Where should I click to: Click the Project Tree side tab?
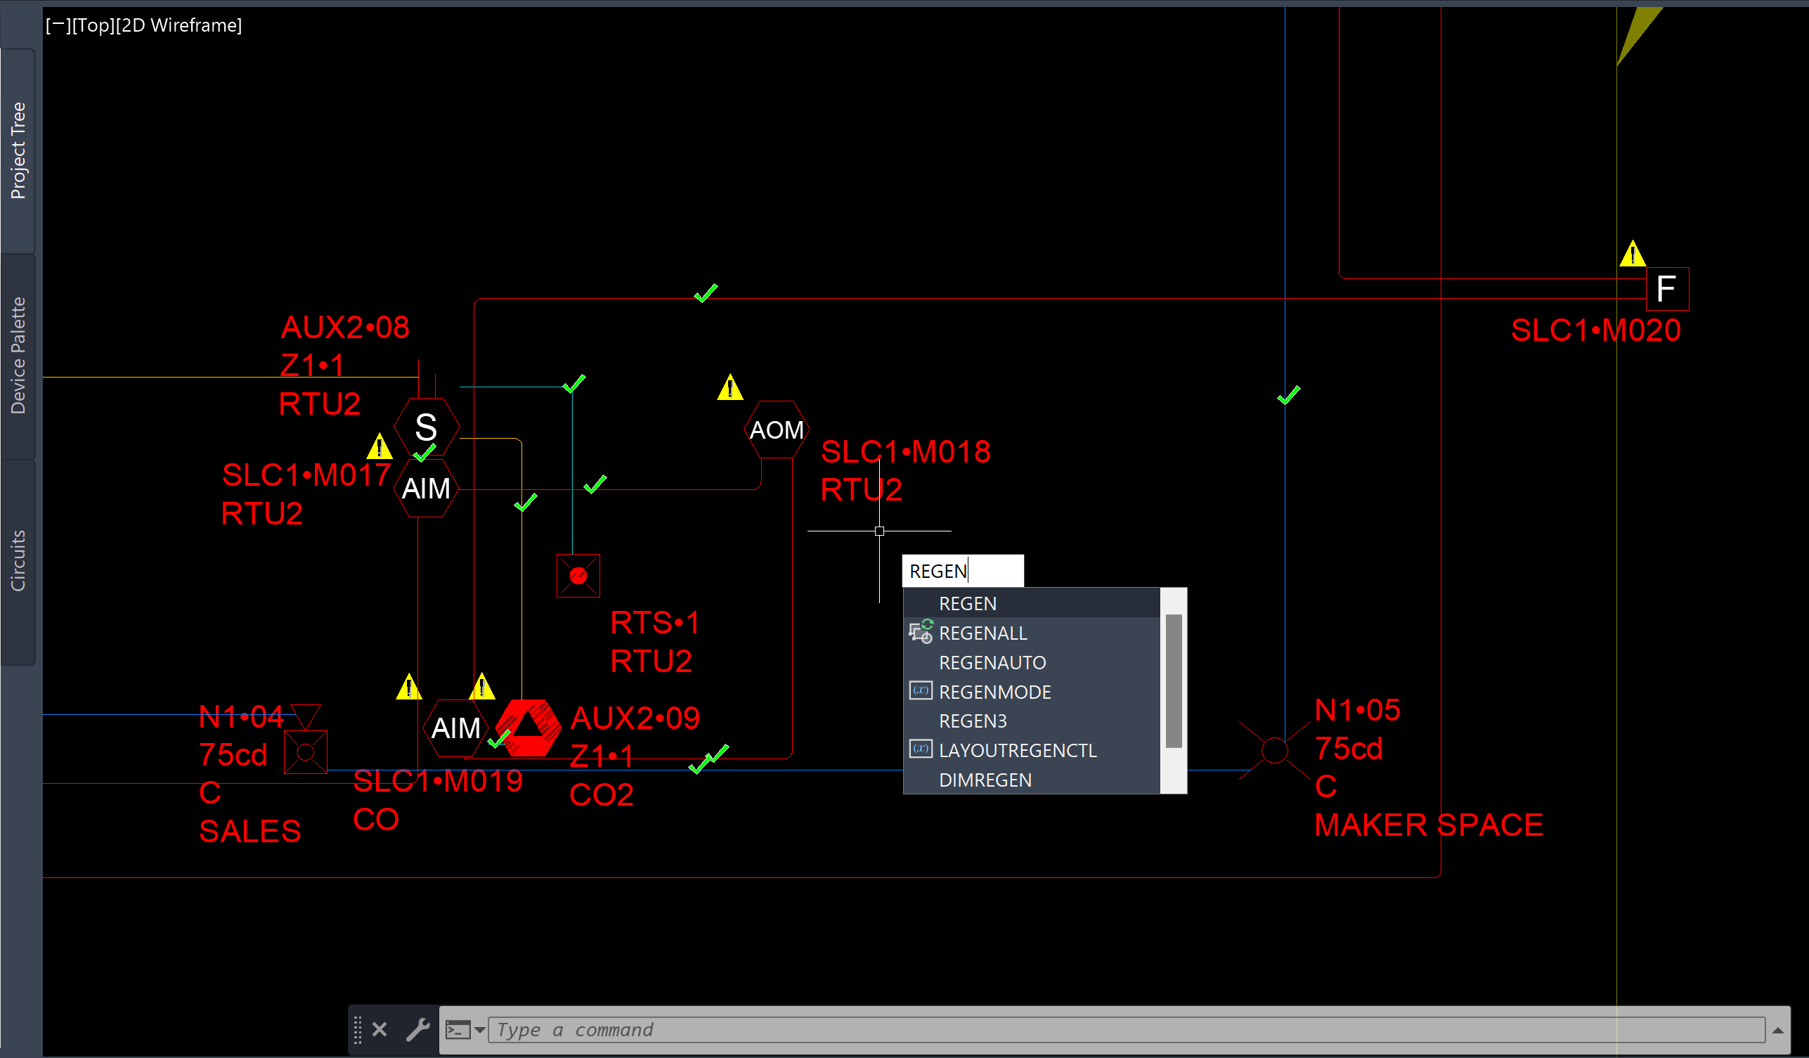coord(18,150)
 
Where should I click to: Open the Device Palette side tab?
coord(18,356)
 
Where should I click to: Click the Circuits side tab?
coord(18,561)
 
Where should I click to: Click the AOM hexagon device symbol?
coord(777,430)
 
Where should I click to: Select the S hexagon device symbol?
coord(427,427)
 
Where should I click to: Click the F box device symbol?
coord(1667,289)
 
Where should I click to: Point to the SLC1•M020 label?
coord(1596,330)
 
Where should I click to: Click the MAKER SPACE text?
coord(1429,825)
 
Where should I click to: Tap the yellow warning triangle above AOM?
coord(730,387)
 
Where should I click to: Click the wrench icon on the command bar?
coord(417,1029)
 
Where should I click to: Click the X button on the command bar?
coord(380,1029)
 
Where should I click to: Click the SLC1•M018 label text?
coord(905,452)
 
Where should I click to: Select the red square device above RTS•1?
coord(578,575)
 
